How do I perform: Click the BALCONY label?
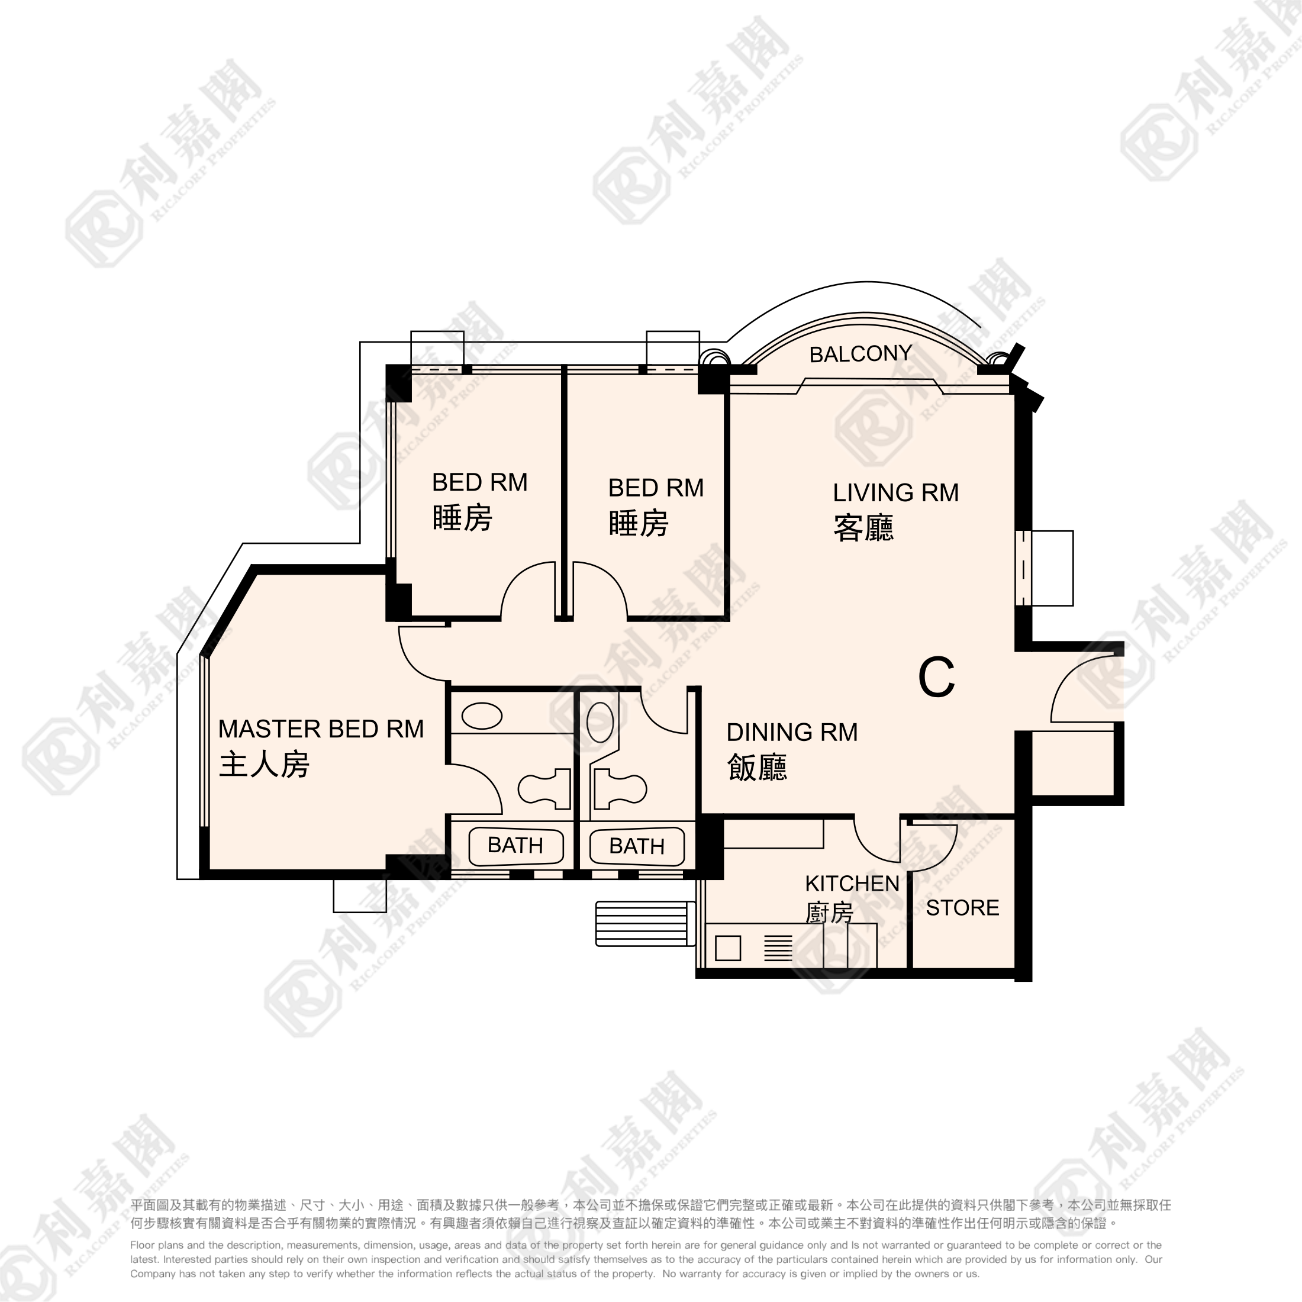coord(860,354)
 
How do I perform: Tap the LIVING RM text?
coord(895,492)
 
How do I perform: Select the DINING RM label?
coord(792,732)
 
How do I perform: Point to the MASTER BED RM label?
coord(321,729)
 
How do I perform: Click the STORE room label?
coord(962,908)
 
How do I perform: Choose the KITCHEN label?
coord(852,883)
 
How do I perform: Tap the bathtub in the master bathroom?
coord(515,846)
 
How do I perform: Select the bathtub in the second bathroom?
coord(637,846)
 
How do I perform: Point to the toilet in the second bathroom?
coord(619,788)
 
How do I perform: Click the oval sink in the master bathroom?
coord(482,716)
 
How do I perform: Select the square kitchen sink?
coord(728,948)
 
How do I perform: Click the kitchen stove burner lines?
coord(778,948)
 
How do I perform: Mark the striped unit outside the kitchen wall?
coord(645,923)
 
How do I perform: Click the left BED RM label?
coord(479,482)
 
